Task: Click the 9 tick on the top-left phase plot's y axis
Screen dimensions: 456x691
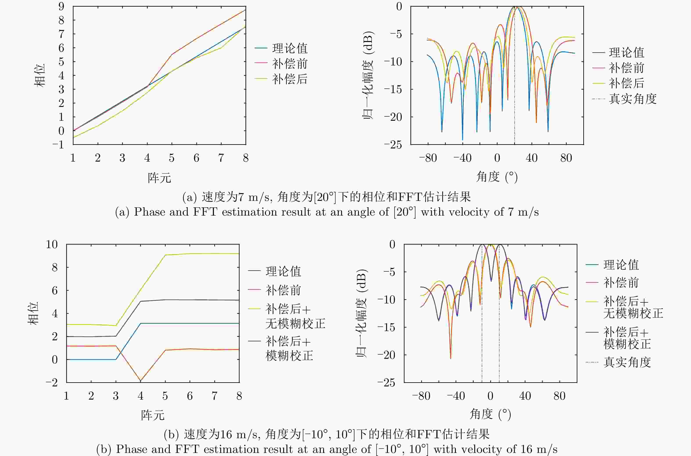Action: [x=61, y=6]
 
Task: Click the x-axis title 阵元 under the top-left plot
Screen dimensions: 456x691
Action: [x=159, y=177]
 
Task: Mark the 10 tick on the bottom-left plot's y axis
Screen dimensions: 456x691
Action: [x=52, y=244]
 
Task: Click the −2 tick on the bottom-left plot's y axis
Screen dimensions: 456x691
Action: [x=52, y=382]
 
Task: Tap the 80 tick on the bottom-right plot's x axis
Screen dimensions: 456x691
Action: [x=559, y=396]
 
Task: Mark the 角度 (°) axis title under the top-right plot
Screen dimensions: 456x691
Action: [x=497, y=177]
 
